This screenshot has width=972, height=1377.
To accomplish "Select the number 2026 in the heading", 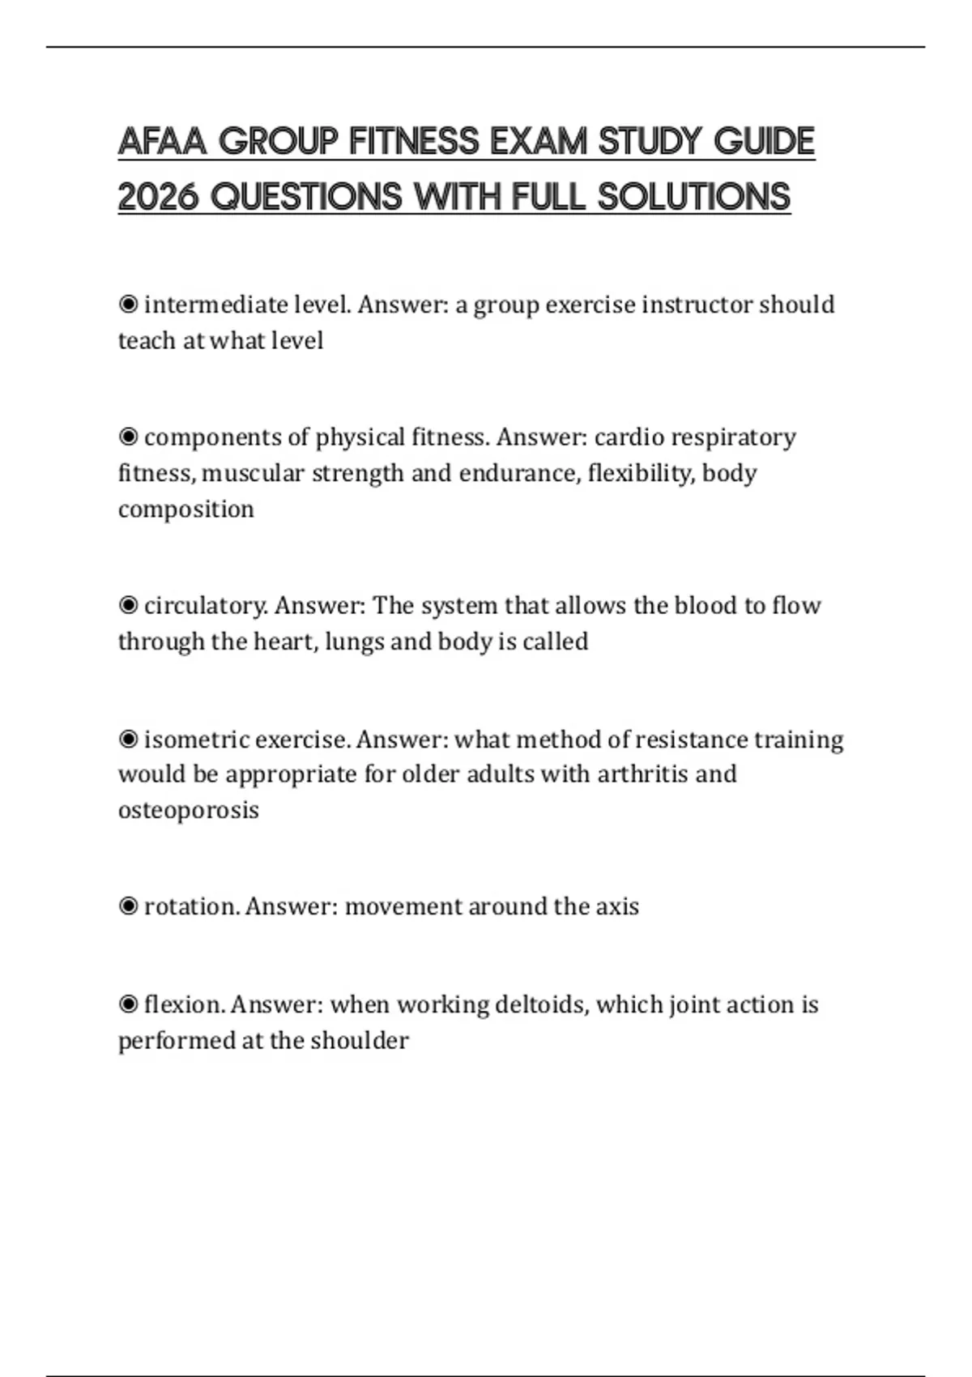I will point(158,197).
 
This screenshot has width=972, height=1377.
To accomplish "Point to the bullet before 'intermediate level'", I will point(128,305).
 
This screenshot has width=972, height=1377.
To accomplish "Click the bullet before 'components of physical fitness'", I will point(128,437).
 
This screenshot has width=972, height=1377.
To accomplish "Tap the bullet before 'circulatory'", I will point(128,605).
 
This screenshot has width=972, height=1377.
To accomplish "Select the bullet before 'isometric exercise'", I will point(128,740).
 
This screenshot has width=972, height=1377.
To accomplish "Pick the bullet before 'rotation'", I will point(128,906).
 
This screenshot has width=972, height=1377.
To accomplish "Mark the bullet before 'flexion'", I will point(128,1005).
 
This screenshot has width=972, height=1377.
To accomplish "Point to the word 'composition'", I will point(186,509).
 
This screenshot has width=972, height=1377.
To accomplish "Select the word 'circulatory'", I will point(206,606).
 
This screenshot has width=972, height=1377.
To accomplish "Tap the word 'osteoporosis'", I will point(189,810).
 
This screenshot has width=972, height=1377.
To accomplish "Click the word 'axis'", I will point(617,906).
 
